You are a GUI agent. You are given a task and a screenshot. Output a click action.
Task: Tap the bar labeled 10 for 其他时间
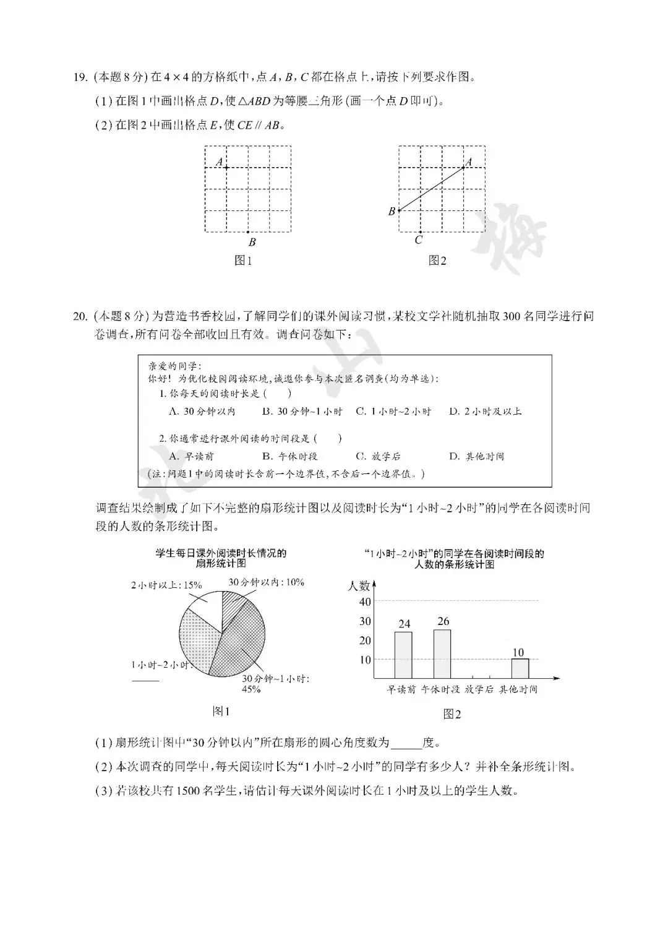520,668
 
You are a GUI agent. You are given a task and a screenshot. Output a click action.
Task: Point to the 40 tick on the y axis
365,602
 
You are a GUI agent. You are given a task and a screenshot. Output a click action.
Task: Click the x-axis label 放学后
479,689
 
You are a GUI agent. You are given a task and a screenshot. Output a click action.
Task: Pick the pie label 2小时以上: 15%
166,584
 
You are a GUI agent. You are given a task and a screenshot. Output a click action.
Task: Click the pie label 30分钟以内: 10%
267,582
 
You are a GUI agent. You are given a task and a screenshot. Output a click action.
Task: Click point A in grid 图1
226,168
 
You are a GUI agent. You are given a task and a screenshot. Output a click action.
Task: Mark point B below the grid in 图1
248,233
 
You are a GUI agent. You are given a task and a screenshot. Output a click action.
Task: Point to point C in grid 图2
419,233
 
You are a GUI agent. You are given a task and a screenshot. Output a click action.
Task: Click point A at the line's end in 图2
463,168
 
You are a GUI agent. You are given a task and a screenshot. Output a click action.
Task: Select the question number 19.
79,77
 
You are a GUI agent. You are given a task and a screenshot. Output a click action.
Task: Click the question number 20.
80,316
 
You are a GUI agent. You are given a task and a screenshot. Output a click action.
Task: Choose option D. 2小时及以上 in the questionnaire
486,412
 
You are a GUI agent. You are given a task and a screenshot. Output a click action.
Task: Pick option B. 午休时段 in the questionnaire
289,457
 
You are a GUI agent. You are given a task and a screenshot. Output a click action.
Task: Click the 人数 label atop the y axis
359,585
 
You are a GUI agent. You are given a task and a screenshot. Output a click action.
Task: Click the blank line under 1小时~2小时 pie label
145,680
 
